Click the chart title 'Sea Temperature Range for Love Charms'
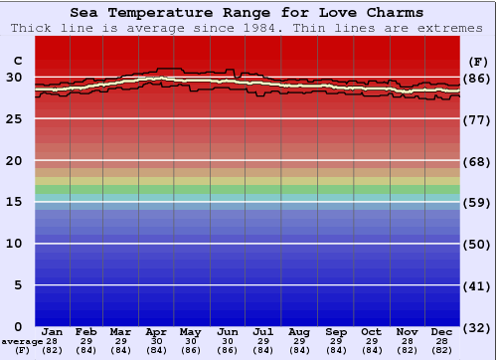(247, 13)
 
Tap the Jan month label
(53, 332)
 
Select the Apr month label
(156, 332)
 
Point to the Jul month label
(263, 332)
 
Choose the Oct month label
(371, 332)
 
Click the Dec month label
(442, 332)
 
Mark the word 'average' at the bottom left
(22, 341)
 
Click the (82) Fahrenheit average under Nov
(407, 350)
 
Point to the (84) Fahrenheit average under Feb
(86, 350)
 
